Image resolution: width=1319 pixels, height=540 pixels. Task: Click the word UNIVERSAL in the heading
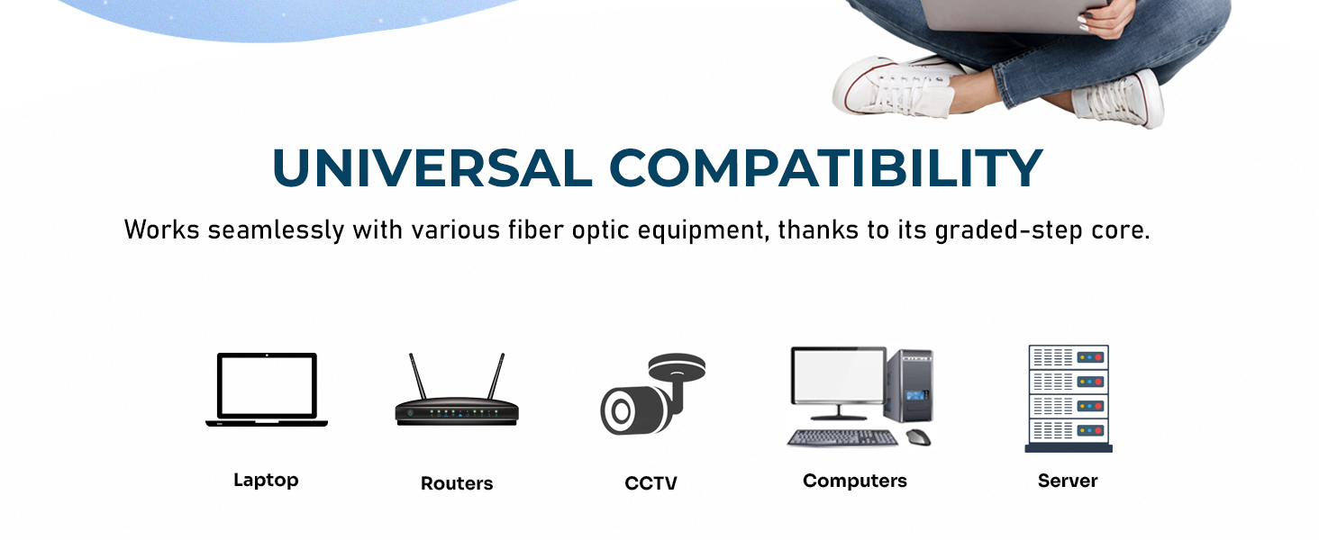[x=432, y=168]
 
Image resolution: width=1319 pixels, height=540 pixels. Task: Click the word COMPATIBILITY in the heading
[x=825, y=168]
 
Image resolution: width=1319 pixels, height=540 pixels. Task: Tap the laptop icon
[x=267, y=390]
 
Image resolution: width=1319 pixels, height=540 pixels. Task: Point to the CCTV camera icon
[x=652, y=394]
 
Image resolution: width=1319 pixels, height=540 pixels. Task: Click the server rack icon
[x=1069, y=399]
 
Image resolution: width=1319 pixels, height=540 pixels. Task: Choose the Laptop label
[x=266, y=481]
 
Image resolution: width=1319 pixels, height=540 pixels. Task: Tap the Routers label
[x=457, y=483]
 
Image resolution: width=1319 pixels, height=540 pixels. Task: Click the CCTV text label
[x=650, y=483]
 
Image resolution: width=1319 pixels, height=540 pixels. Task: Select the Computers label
[x=855, y=481]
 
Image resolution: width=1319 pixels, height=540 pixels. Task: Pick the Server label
[x=1068, y=481]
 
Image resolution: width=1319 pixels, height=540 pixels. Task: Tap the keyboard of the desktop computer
[x=842, y=438]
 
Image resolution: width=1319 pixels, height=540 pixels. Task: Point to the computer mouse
[x=919, y=437]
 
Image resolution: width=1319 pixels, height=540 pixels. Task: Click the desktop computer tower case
[x=910, y=386]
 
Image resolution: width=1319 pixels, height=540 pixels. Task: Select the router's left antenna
[x=417, y=376]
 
